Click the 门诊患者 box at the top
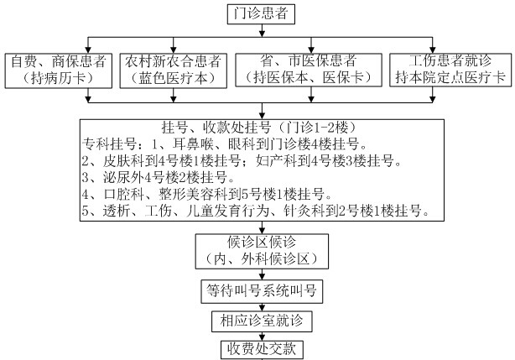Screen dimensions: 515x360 click(x=261, y=14)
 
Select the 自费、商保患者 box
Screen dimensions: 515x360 click(x=59, y=70)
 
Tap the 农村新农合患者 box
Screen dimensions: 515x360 click(x=174, y=70)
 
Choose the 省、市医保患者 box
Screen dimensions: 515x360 click(x=309, y=70)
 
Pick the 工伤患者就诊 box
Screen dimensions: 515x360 click(x=450, y=70)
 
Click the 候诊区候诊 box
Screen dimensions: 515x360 click(x=262, y=251)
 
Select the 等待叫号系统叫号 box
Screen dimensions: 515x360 click(x=262, y=291)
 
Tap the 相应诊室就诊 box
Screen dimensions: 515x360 click(x=262, y=321)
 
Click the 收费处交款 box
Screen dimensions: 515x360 click(x=262, y=350)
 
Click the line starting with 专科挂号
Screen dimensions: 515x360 click(x=224, y=143)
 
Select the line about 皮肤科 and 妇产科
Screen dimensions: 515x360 click(x=242, y=160)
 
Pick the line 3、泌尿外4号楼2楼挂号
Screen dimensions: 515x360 click(x=159, y=177)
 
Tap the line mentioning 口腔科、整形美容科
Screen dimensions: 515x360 click(x=207, y=194)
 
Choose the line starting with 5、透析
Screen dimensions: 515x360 click(x=256, y=211)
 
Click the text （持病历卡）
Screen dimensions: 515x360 click(x=58, y=78)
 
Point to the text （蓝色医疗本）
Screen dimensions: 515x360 click(x=174, y=78)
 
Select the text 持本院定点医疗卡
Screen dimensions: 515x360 click(x=450, y=77)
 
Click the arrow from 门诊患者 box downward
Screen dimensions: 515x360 click(x=262, y=30)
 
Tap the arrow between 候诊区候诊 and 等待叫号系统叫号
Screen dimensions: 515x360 click(x=262, y=274)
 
